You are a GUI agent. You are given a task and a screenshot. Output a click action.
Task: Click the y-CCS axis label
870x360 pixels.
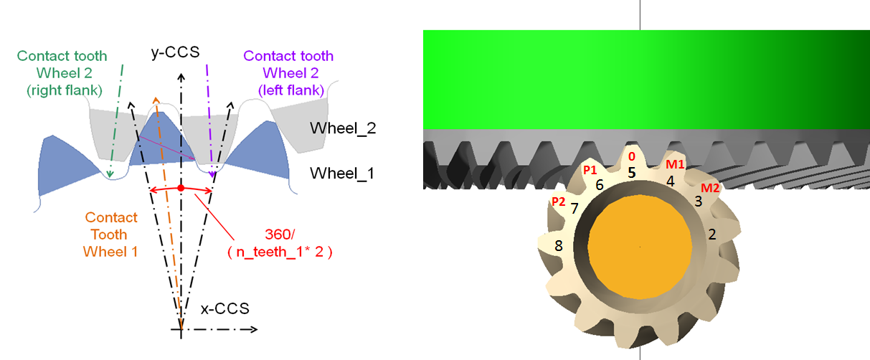(175, 52)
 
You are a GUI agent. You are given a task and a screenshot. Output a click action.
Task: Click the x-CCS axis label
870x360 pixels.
(225, 309)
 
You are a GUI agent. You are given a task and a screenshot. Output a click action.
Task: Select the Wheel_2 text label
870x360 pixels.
(343, 128)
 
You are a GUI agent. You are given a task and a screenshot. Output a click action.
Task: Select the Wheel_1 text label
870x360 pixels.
(342, 174)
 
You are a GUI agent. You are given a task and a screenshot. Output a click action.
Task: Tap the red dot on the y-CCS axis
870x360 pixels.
(181, 188)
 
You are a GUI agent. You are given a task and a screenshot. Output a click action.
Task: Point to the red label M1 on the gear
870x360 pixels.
(675, 165)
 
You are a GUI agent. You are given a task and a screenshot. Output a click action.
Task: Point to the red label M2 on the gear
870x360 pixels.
(710, 188)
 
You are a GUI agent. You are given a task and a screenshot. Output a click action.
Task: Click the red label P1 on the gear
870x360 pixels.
(590, 170)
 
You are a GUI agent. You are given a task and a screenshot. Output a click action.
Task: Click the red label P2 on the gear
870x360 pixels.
(559, 202)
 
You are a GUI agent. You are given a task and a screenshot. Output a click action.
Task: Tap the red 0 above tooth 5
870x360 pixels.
(632, 156)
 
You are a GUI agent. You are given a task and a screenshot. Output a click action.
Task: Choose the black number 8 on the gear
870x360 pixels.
(559, 245)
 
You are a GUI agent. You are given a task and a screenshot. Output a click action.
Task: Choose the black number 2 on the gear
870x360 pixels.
(712, 235)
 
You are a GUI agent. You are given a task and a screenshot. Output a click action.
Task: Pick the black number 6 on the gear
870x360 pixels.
(600, 185)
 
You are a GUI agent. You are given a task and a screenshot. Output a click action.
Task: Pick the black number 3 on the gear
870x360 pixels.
(699, 202)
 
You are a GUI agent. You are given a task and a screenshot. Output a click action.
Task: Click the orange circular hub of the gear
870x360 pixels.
(640, 247)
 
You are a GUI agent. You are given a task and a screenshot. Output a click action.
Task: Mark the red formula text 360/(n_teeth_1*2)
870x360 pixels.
(280, 243)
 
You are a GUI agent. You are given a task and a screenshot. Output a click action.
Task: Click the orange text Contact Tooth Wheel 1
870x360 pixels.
(110, 235)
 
